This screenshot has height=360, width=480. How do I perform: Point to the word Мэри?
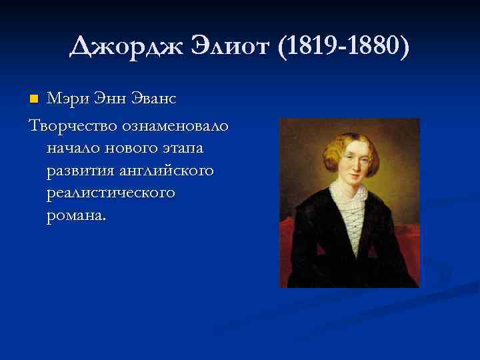[x=69, y=99]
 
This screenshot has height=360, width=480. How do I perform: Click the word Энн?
[x=115, y=99]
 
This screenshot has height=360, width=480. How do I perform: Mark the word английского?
[x=167, y=171]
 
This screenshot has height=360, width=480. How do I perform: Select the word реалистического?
[x=111, y=193]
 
